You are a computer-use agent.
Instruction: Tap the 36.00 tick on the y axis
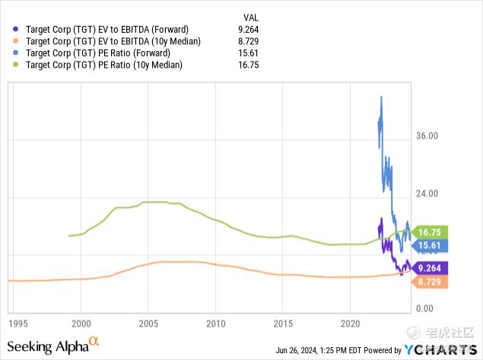[427, 136]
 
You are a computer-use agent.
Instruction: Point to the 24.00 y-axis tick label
[427, 193]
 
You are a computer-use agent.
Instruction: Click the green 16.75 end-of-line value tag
[431, 232]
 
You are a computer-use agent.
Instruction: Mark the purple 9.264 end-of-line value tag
[431, 268]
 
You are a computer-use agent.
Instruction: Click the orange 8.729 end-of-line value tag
[431, 282]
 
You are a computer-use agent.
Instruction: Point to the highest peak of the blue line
[381, 97]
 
